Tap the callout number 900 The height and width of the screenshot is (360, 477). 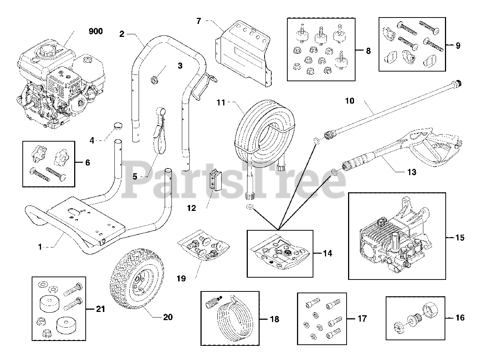tap(95, 32)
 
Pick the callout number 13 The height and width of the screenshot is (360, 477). tap(411, 172)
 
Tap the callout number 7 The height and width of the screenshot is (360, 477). tap(199, 21)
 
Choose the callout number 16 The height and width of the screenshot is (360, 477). tap(460, 318)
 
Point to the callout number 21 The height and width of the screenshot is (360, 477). tap(100, 309)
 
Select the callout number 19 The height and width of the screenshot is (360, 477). tap(181, 278)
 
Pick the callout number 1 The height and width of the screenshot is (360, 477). tap(40, 246)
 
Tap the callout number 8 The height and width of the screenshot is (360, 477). tap(368, 51)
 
